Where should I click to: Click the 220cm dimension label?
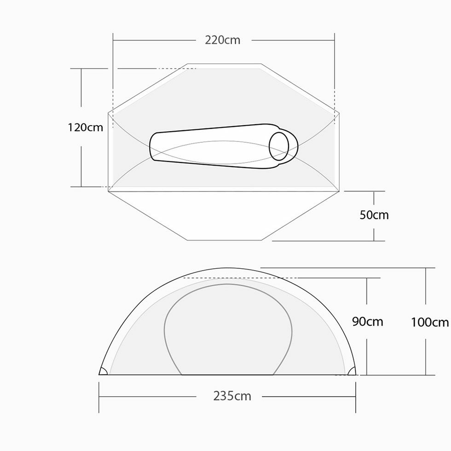coord(222,40)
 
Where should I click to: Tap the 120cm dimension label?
coord(86,127)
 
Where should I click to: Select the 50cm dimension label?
coord(374,215)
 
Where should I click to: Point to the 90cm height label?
coord(368,321)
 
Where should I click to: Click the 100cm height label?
coord(430,322)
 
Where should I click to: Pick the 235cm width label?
coord(232,396)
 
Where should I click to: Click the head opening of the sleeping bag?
coord(279,146)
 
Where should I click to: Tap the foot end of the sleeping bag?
coord(152,146)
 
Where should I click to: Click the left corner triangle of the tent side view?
coord(103,371)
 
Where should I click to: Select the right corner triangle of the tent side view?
coord(352,371)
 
